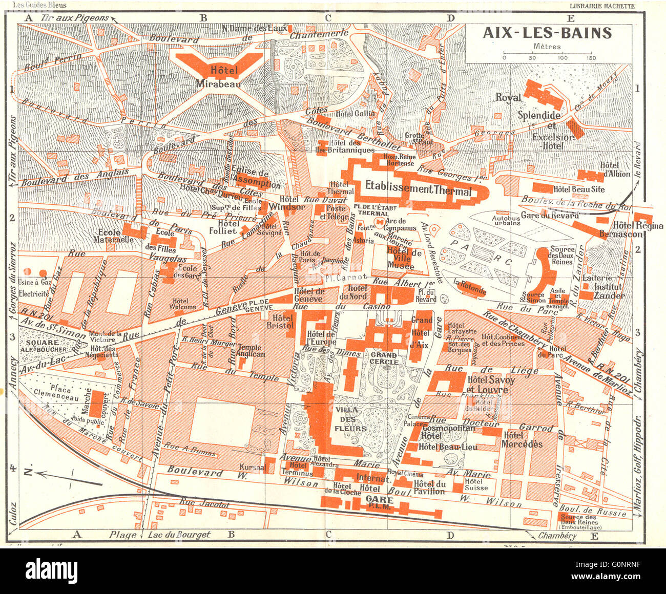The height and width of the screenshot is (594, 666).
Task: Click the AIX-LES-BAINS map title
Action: coord(547,33)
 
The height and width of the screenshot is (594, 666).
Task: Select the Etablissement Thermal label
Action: coord(418,189)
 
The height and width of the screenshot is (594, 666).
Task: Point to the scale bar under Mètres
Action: coord(547,53)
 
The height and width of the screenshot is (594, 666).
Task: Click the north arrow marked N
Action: coord(56,474)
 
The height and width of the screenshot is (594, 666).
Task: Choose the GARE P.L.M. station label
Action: coord(380,502)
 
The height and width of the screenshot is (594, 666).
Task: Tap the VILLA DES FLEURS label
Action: coord(350,419)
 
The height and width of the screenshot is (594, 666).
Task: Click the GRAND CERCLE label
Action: coord(384,358)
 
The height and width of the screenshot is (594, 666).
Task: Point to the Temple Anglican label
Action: coord(251,351)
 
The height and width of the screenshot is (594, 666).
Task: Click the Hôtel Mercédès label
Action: coord(522,439)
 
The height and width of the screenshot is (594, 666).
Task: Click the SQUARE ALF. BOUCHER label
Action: coord(46,346)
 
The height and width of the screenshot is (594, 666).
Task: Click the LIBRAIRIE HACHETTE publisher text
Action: coord(602,6)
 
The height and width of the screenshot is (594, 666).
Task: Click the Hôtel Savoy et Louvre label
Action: coord(490,385)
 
